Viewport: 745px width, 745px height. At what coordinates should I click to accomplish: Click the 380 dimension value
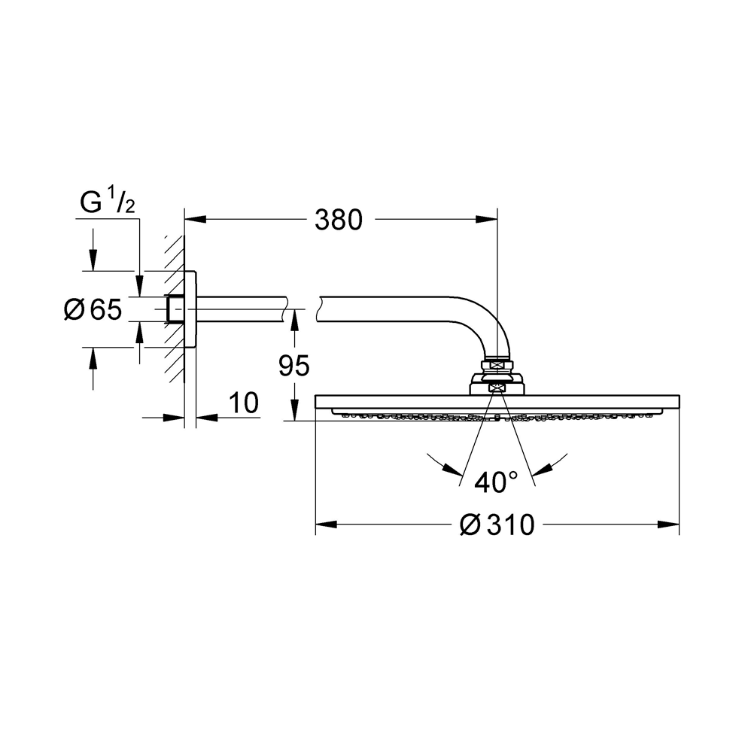tap(339, 220)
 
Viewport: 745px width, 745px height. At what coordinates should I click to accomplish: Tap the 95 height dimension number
tap(294, 366)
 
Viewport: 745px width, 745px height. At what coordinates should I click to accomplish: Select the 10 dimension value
tap(244, 403)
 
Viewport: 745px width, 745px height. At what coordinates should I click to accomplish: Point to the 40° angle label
tap(496, 483)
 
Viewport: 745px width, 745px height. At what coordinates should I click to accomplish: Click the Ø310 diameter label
tap(497, 525)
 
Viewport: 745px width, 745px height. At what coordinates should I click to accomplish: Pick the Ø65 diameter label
tap(93, 309)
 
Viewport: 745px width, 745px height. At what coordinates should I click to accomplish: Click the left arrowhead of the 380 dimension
tap(195, 219)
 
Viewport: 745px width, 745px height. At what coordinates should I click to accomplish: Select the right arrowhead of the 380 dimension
tap(487, 219)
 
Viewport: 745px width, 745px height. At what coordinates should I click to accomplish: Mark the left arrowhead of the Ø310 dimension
tap(327, 525)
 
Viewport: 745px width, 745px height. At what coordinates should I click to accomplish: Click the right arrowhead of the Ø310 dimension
tap(668, 525)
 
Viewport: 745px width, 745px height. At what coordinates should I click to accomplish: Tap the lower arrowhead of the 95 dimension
tap(294, 409)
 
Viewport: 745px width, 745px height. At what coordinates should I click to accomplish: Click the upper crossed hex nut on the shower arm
tap(497, 366)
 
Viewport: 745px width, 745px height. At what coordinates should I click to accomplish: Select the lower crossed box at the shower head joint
tap(497, 388)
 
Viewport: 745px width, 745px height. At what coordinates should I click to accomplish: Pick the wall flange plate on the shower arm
tap(190, 309)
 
